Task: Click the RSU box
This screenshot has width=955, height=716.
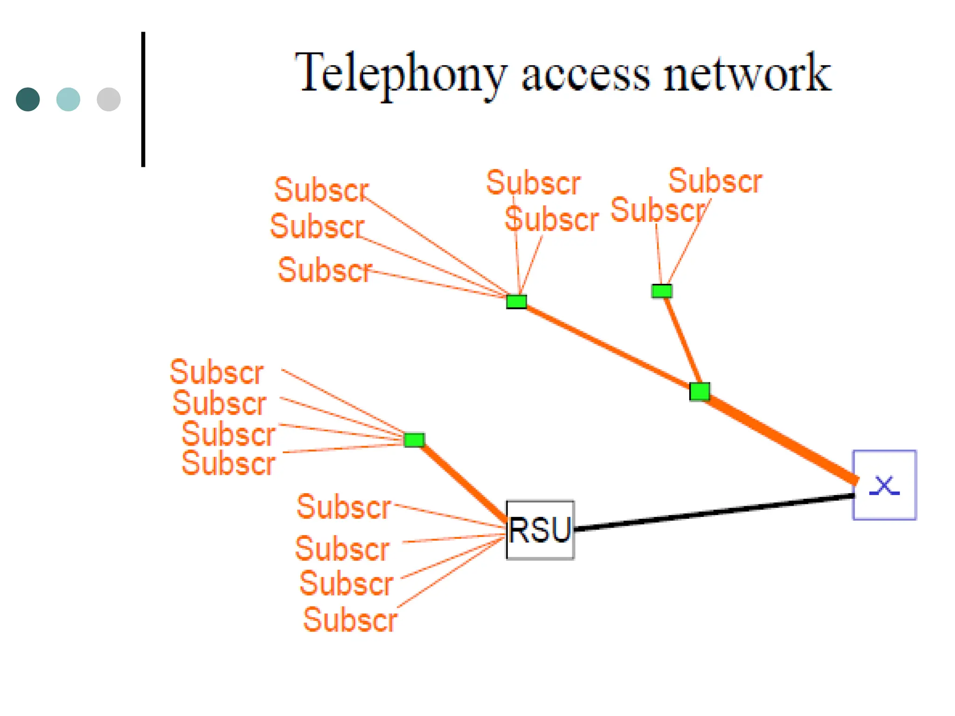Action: coord(540,530)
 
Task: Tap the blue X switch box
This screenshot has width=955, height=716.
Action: coord(884,485)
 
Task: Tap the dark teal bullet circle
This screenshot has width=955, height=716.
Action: coord(28,99)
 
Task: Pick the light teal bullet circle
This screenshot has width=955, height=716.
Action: coord(68,99)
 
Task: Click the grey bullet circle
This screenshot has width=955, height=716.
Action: coord(109,99)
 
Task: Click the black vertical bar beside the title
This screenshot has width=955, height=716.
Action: coord(143,99)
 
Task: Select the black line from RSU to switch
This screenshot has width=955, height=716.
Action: coord(713,513)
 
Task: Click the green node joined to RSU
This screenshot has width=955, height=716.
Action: coord(414,440)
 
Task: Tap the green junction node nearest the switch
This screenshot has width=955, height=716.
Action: coord(699,392)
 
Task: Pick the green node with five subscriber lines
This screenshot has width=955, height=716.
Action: coord(517,302)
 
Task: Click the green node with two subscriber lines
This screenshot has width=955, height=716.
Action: coord(662,291)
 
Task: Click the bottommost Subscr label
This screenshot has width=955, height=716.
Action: coord(350,620)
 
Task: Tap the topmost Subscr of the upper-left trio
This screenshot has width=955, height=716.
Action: coord(321,190)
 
